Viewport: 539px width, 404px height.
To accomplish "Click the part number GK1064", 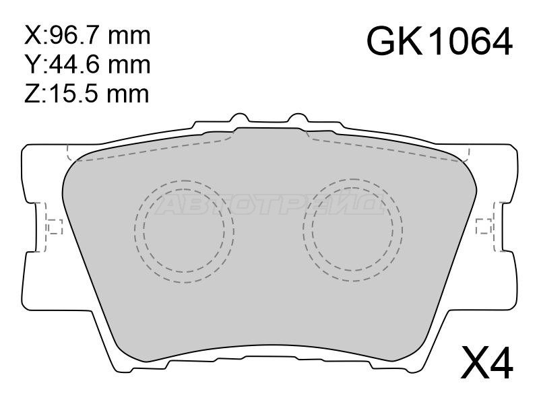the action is click(x=440, y=42).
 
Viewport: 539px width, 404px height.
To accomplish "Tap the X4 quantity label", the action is click(x=487, y=362).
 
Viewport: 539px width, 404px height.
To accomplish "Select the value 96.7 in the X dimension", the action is click(x=75, y=36).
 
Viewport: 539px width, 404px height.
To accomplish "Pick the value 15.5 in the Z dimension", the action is click(x=75, y=94).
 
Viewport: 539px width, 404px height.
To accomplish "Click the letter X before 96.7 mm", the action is click(x=32, y=36).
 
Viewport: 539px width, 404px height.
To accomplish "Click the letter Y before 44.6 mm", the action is click(x=32, y=64).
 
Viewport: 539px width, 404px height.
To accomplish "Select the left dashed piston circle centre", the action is click(x=184, y=231).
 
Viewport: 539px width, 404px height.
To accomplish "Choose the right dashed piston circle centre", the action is click(x=353, y=230).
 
